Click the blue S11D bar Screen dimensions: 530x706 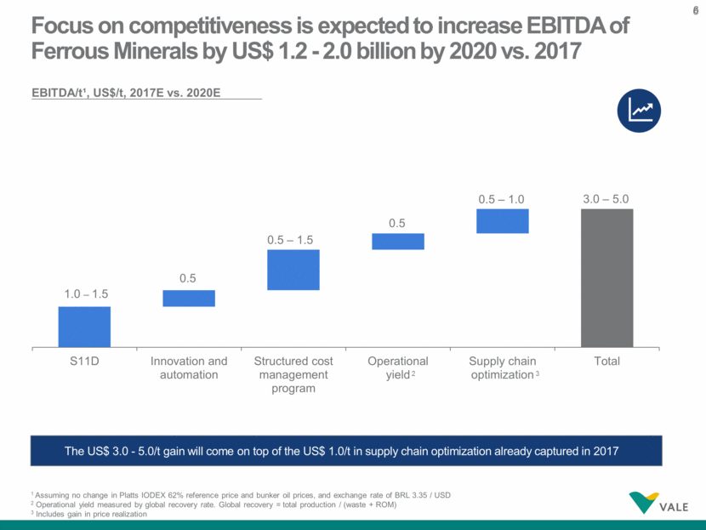coord(84,327)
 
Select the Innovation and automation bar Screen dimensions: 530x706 coord(189,299)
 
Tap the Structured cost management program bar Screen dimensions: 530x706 coord(293,270)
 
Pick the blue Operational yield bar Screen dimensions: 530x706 coord(398,242)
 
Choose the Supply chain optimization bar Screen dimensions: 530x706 coord(503,221)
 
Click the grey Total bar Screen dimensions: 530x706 coord(607,277)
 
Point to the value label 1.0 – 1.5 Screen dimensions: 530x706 coord(85,293)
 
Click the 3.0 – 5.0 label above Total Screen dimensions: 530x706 coord(606,197)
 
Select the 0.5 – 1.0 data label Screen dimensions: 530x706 coord(503,197)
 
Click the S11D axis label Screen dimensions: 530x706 coord(84,361)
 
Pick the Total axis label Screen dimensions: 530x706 coord(607,361)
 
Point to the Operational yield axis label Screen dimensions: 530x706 coord(398,368)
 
